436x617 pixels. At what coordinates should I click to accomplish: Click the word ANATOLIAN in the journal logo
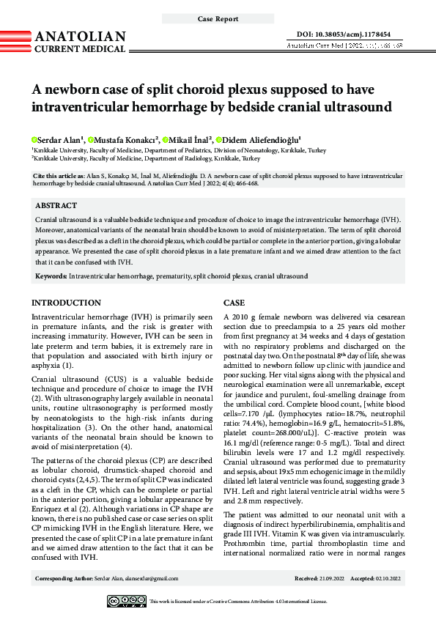pos(81,37)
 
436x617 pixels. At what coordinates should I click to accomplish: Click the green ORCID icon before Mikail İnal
pos(166,139)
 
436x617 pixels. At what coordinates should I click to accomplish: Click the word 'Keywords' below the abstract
pos(51,276)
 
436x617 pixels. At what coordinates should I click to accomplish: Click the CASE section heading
pos(234,303)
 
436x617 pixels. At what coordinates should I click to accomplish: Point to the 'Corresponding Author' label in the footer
pos(64,579)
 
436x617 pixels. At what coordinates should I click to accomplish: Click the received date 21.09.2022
pos(330,579)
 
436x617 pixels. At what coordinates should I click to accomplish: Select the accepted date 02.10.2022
pos(385,579)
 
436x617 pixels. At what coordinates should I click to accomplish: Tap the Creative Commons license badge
pos(126,602)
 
